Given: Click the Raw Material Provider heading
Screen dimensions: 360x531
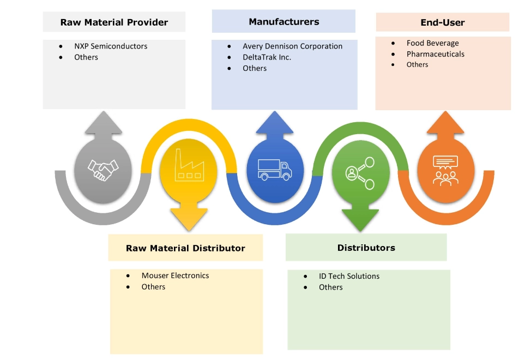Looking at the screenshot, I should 114,22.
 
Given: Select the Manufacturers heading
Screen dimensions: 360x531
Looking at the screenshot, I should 284,22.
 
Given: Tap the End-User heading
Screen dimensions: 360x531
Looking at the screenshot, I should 443,22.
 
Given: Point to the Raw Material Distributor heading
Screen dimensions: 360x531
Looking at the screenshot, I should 185,248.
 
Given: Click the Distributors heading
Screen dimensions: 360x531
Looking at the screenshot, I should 366,248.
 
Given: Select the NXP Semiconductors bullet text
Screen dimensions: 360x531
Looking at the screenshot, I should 111,46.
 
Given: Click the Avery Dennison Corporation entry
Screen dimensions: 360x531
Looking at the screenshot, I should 292,46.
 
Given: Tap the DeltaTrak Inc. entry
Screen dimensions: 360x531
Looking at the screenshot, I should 267,57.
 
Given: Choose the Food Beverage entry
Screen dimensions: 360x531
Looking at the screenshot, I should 432,43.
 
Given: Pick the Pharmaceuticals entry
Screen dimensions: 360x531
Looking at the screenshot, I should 435,54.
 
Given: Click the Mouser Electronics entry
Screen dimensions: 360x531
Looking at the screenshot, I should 175,275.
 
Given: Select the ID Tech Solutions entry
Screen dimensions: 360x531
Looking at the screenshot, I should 349,276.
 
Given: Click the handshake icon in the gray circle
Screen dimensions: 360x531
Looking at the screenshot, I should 102,170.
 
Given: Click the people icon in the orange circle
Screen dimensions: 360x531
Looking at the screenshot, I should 445,170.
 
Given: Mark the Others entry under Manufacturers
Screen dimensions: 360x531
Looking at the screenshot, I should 255,68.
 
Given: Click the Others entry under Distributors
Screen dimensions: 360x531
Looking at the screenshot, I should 330,287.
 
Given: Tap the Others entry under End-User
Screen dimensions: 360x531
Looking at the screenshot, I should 417,64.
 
